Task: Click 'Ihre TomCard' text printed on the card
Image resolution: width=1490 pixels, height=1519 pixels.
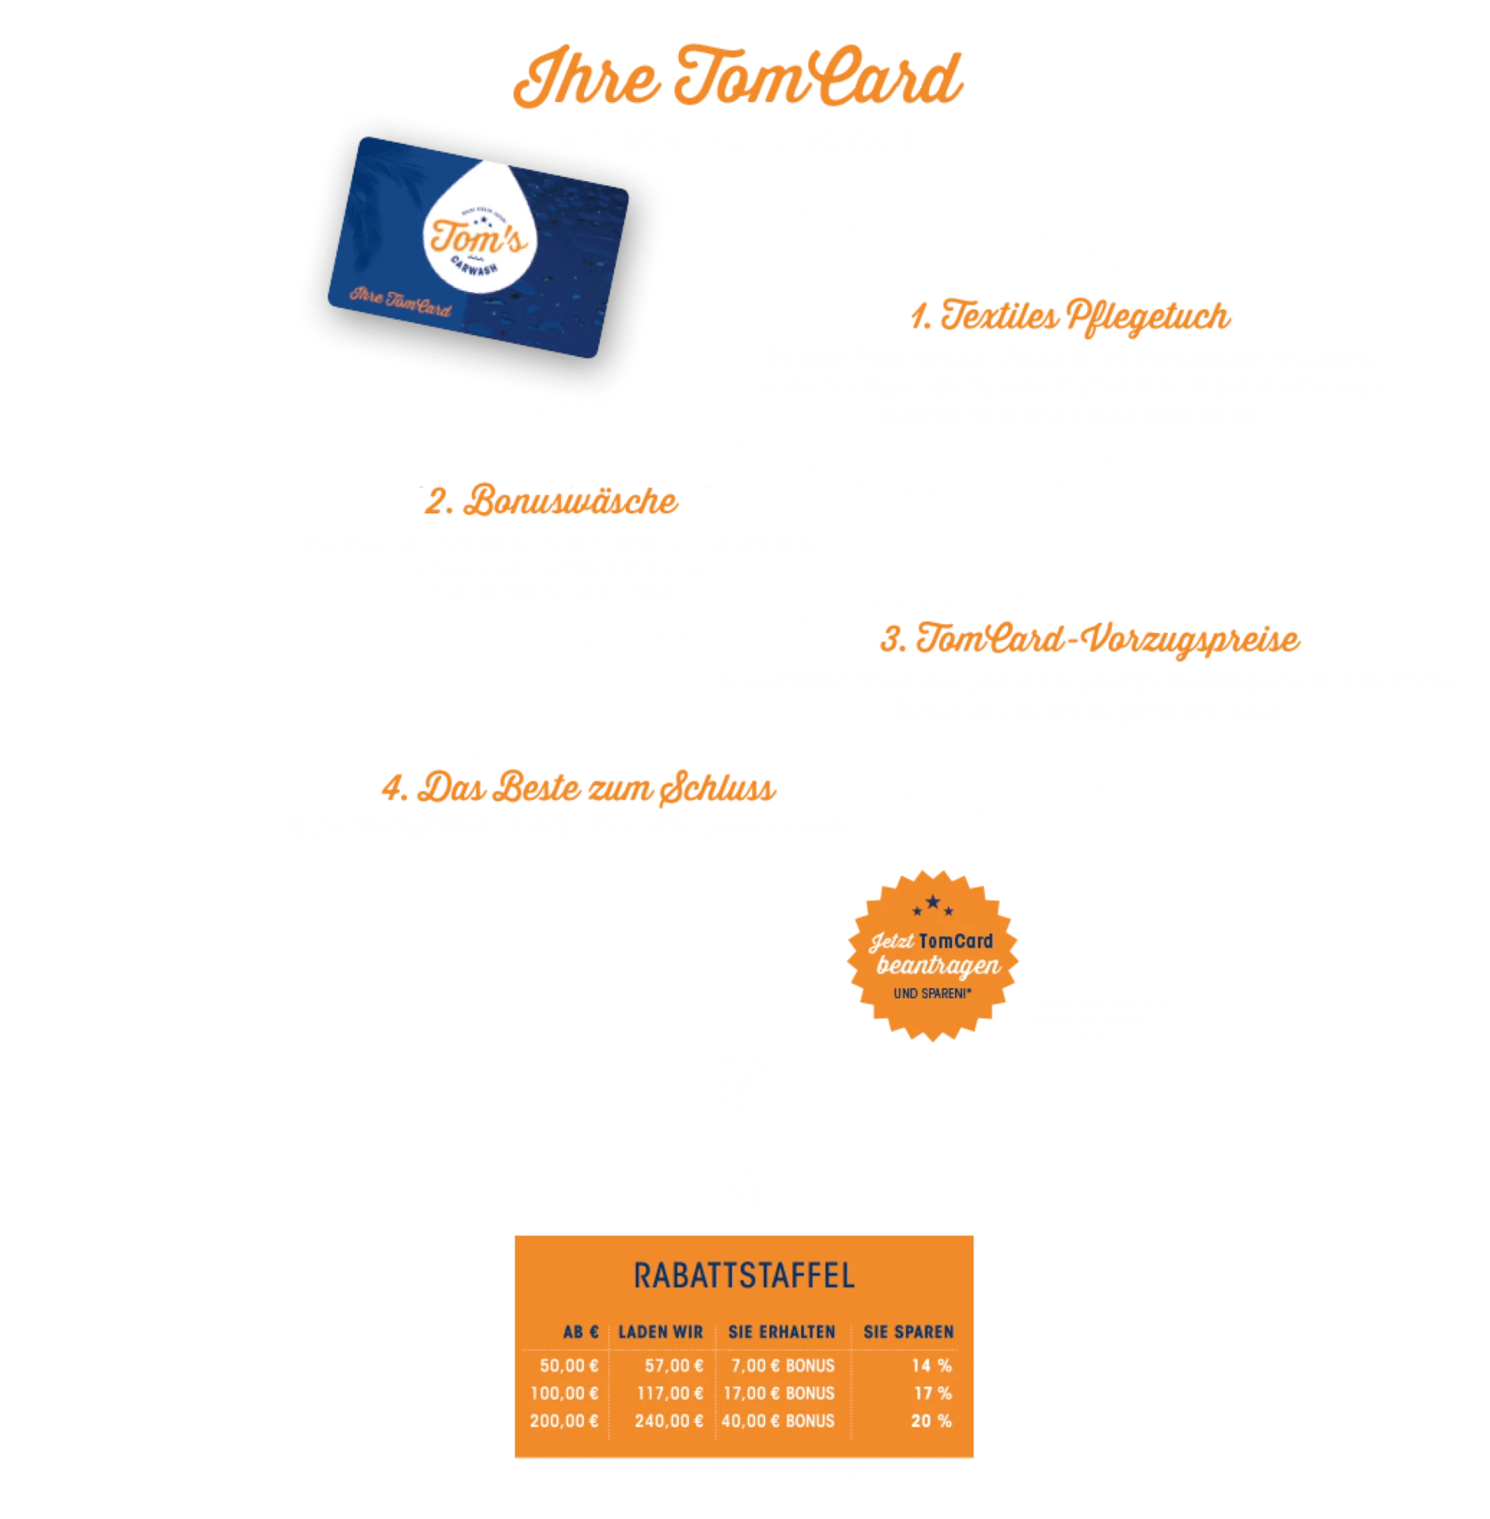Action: coord(400,301)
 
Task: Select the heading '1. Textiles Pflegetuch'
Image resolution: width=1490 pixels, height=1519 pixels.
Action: coord(1070,316)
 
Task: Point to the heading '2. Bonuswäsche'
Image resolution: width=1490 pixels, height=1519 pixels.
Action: coord(552,501)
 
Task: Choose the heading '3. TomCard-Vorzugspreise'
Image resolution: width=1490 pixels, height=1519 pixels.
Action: coord(1090,639)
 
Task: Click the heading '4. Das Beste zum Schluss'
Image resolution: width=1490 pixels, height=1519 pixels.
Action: coord(578,789)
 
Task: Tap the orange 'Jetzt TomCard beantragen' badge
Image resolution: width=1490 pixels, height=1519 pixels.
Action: coord(932,955)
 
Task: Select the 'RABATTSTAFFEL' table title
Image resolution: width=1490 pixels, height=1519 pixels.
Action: coord(744,1276)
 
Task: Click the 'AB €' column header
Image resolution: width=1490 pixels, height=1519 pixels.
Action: coord(580,1332)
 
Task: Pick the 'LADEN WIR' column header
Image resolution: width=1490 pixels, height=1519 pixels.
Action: coord(661,1332)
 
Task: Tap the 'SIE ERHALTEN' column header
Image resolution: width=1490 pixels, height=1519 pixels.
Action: coord(782,1332)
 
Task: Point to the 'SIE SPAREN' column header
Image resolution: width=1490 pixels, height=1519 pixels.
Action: coord(908,1332)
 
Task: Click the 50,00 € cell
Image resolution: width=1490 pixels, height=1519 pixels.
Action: coord(569,1366)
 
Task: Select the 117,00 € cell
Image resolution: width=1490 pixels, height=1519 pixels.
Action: coord(670,1393)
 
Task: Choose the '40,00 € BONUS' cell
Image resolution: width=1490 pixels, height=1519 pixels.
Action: coord(778,1421)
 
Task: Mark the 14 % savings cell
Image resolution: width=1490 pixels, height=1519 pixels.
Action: coord(931,1366)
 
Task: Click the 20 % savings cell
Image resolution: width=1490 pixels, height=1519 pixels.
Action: coord(931,1421)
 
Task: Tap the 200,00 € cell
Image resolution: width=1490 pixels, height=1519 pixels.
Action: coord(564,1421)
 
